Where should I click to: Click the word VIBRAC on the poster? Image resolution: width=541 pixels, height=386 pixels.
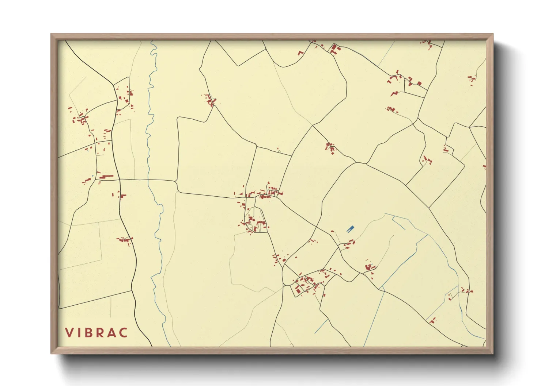[x=97, y=333]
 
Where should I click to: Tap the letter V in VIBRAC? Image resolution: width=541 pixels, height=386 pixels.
[x=69, y=333]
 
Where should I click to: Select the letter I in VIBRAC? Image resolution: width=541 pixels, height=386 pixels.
[x=79, y=333]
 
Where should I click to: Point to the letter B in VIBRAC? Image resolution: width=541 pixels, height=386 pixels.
[x=90, y=333]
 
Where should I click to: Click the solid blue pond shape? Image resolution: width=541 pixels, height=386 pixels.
[x=350, y=229]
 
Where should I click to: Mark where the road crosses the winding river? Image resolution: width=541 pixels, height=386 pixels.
[x=148, y=180]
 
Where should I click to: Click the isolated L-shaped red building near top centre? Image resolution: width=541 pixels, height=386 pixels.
[x=301, y=53]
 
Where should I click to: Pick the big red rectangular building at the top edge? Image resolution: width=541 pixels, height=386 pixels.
[x=334, y=49]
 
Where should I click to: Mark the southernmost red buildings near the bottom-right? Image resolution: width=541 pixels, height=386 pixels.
[x=433, y=321]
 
